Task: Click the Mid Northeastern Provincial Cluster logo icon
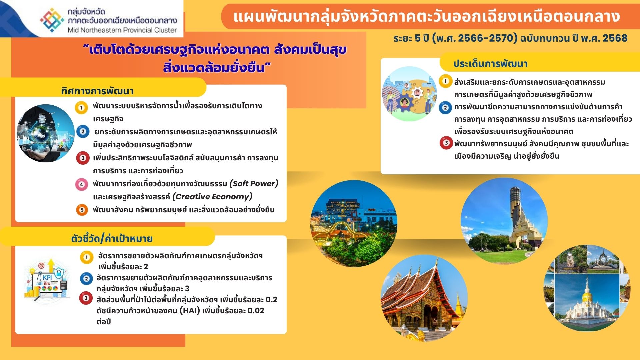52,20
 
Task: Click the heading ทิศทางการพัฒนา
97,91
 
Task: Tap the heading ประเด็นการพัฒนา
490,64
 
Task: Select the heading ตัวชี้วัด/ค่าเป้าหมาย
112,238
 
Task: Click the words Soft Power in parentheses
254,184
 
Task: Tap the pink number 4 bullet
81,184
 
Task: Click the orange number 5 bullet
82,210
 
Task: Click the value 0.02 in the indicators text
256,311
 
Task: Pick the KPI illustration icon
47,279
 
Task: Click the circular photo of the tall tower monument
504,220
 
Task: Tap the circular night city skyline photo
354,223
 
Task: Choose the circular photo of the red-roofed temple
424,298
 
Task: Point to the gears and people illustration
409,94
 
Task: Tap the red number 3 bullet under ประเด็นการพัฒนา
446,143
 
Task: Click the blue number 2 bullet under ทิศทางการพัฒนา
83,132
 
